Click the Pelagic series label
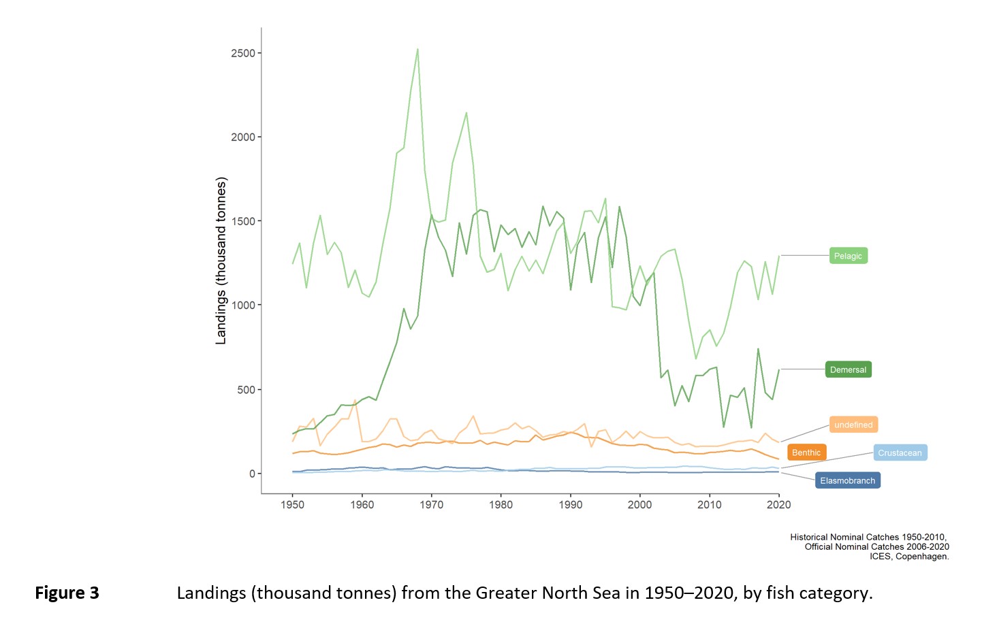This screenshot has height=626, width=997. coord(849,256)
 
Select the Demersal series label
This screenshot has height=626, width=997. coord(849,369)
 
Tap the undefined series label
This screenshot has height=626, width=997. coord(854,425)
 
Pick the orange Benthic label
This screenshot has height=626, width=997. coord(806,452)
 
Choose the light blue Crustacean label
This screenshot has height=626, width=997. coord(900,452)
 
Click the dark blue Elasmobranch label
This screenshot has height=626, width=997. coord(847,480)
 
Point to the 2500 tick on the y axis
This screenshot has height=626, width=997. coord(243,53)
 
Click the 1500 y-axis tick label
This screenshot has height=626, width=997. coord(243,221)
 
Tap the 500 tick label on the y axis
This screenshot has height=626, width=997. coord(246,390)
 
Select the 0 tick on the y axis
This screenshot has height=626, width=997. coord(253,474)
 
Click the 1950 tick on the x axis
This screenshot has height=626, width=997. coord(292,505)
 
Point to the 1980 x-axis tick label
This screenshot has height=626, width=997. coord(501,505)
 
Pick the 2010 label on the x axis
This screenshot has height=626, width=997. coord(709,505)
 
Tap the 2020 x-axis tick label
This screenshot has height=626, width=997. coord(778,505)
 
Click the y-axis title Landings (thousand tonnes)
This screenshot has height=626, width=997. coord(221,261)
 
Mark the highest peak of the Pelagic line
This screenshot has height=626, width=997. coord(417,50)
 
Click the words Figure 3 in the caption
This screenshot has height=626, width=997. coord(67,593)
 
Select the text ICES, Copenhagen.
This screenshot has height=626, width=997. coord(909,556)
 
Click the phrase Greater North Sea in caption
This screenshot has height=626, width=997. coord(548,593)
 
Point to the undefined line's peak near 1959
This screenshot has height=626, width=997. coord(355,400)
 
